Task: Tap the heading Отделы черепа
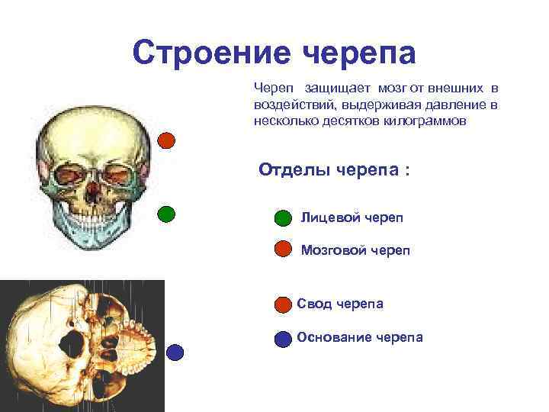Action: [334, 169]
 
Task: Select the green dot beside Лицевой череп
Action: [282, 219]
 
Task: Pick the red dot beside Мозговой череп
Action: [282, 249]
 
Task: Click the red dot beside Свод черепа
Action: [282, 304]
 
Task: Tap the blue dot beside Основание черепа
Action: [282, 338]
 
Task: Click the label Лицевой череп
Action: [352, 218]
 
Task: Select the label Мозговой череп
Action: [355, 249]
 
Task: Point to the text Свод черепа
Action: [340, 304]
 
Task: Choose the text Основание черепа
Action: [359, 337]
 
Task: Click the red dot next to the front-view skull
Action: [166, 140]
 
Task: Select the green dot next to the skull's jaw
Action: [166, 214]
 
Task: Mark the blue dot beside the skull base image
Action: [175, 352]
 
